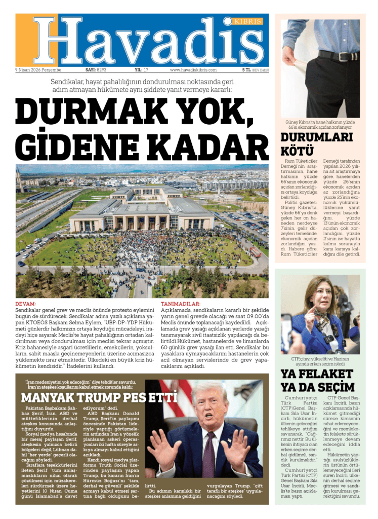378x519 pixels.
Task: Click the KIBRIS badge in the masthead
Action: point(248,21)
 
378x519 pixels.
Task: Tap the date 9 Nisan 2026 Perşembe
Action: point(38,70)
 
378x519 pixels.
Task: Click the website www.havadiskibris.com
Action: point(193,70)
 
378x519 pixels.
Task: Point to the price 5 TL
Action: point(246,70)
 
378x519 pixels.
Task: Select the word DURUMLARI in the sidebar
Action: point(316,137)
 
